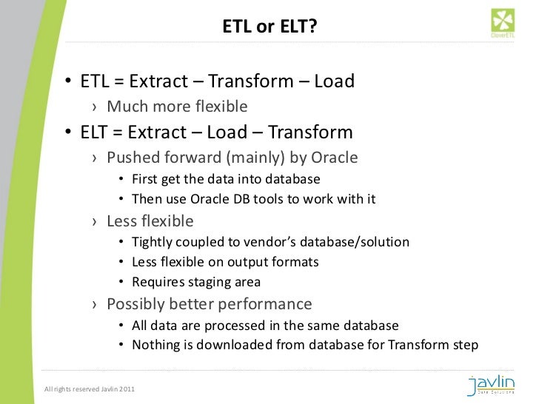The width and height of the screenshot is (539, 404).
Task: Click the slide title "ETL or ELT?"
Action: pyautogui.click(x=269, y=28)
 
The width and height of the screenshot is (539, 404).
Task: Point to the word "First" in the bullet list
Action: pyautogui.click(x=144, y=179)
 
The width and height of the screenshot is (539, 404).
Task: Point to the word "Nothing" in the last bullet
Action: pyautogui.click(x=155, y=345)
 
